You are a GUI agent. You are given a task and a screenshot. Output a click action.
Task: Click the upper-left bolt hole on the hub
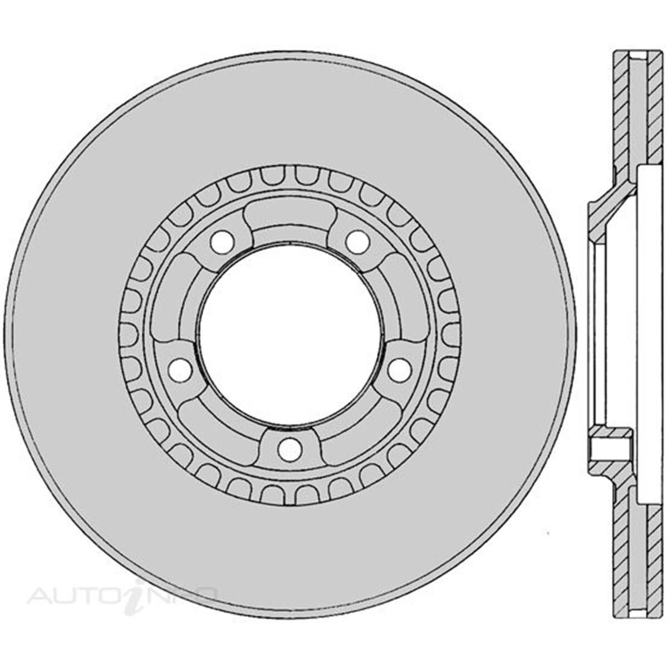222,240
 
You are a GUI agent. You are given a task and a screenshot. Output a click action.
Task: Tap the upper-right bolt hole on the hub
357,240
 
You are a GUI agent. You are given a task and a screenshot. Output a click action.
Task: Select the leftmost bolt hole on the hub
180,368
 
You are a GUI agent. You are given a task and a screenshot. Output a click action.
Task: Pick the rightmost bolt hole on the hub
399,371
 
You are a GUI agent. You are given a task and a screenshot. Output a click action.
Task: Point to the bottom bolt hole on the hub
289,449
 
